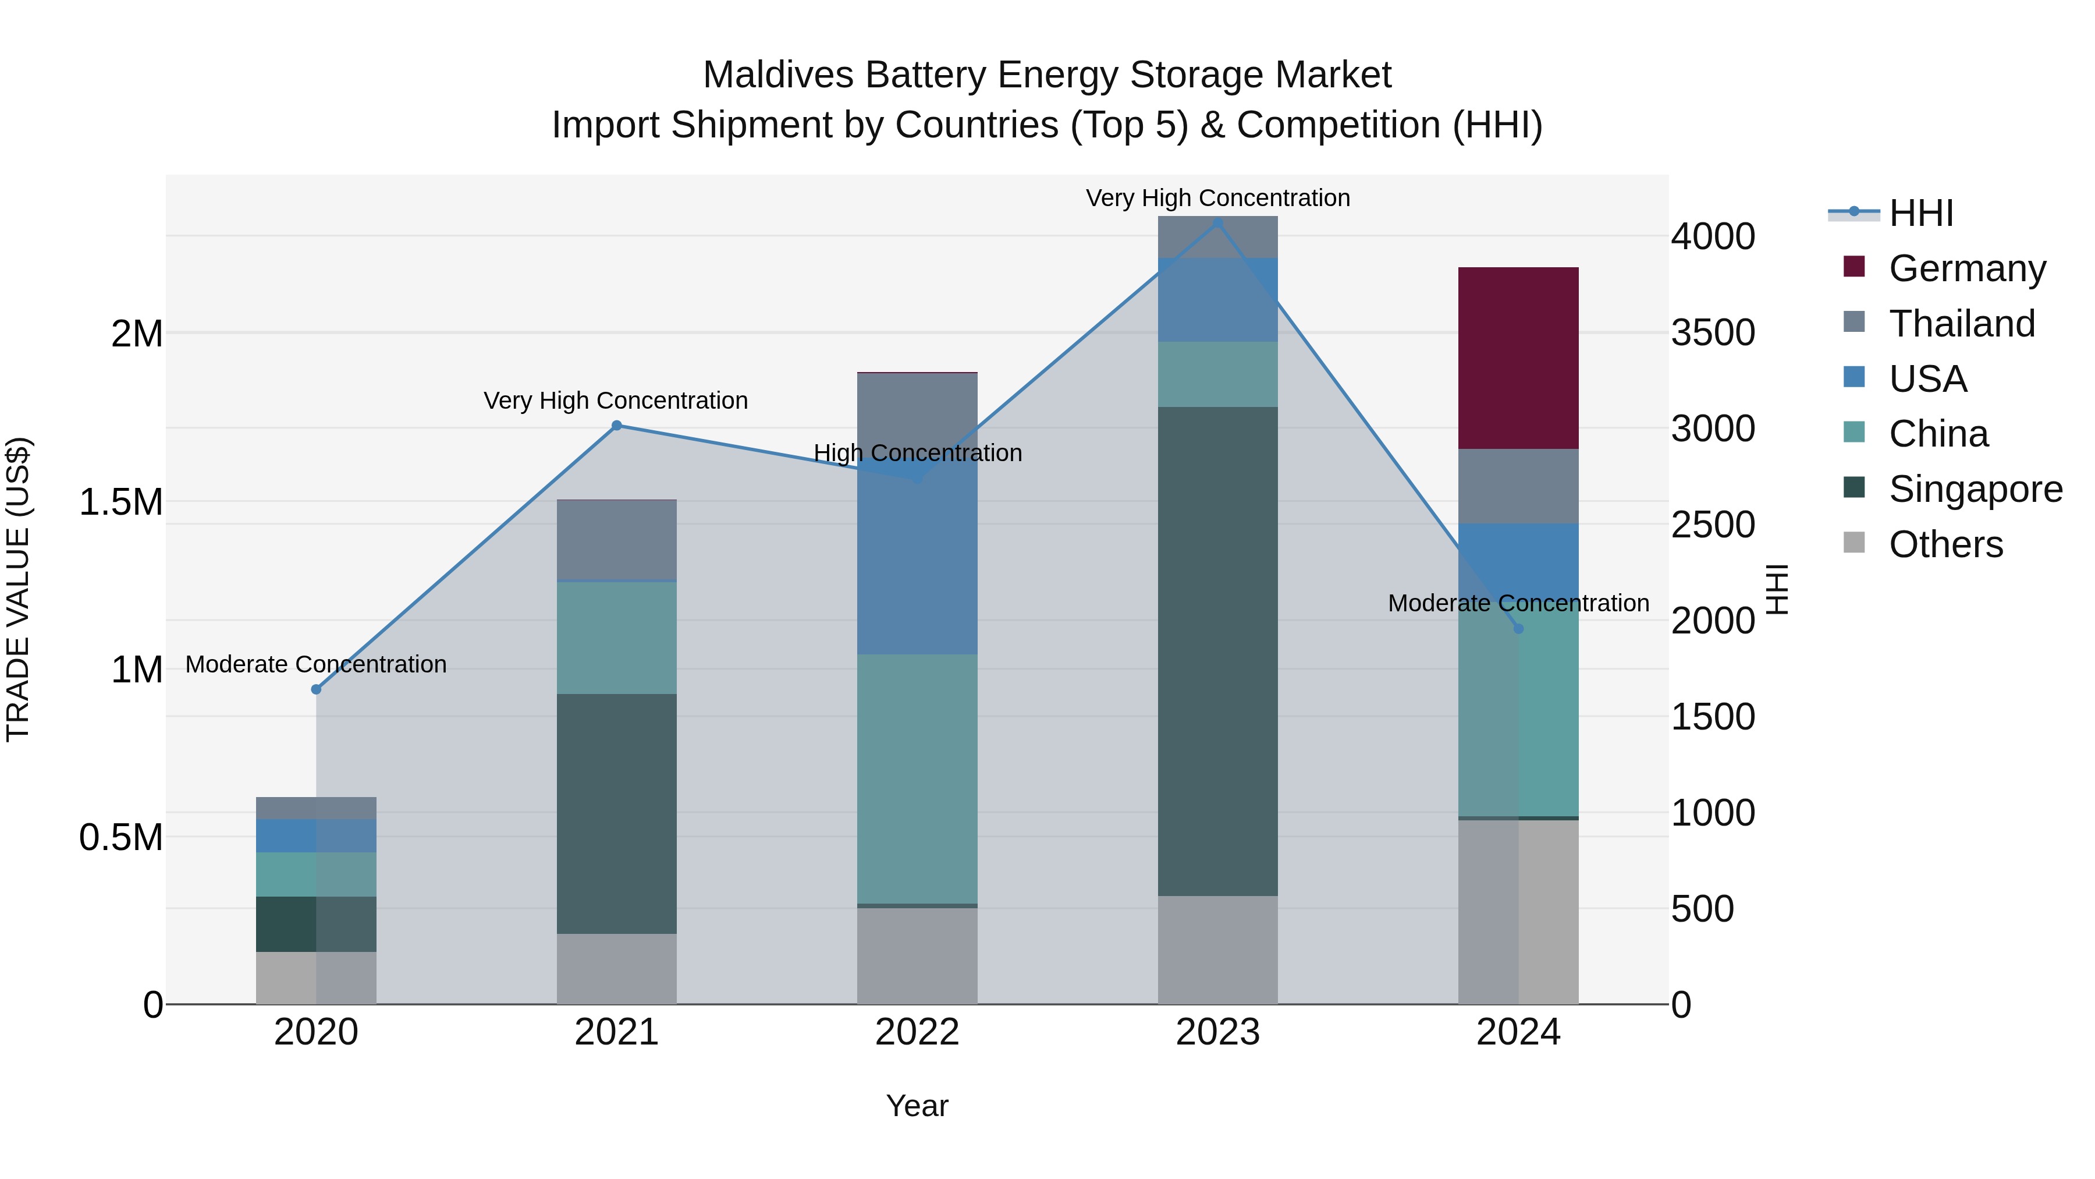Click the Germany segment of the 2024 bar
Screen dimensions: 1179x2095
tap(1518, 358)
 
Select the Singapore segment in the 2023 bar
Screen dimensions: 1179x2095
tap(1217, 651)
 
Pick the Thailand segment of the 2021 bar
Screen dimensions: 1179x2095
tap(616, 540)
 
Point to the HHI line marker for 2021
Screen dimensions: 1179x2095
tap(616, 426)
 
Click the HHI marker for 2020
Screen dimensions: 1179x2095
tap(317, 689)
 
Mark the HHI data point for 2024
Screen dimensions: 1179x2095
tap(1518, 628)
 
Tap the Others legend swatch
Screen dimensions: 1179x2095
tap(1853, 543)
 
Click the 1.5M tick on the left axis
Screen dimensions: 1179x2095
tap(120, 502)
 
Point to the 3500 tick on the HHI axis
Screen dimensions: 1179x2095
tap(1713, 333)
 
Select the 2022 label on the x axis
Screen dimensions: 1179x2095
tap(917, 1032)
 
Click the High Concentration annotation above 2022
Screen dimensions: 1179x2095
tap(917, 453)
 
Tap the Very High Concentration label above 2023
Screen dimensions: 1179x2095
tap(1217, 198)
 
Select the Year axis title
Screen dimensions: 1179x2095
tap(917, 1106)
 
